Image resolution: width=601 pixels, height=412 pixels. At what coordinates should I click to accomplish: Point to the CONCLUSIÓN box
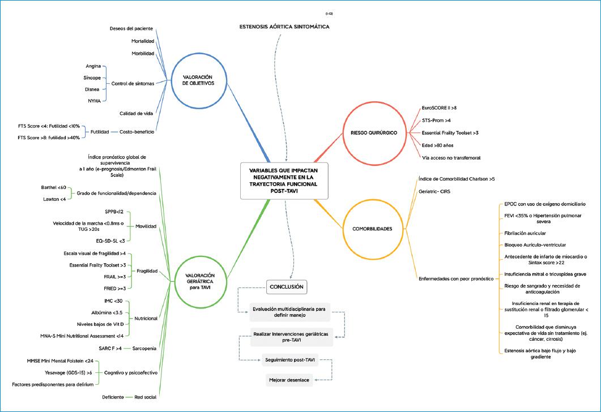click(x=287, y=287)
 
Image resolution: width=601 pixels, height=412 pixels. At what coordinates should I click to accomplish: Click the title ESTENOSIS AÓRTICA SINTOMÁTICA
click(x=284, y=27)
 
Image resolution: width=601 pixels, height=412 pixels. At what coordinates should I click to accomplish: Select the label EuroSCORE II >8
click(x=440, y=107)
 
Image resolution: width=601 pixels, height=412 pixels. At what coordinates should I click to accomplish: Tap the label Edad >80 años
click(x=437, y=144)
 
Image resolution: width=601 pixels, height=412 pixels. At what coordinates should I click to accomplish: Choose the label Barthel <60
click(x=54, y=187)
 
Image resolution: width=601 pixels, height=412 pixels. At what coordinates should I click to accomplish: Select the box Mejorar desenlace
click(x=288, y=380)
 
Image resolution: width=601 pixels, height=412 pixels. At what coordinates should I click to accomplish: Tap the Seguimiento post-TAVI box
click(x=289, y=359)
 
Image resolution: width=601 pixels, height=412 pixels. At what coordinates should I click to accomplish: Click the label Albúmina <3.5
click(x=107, y=312)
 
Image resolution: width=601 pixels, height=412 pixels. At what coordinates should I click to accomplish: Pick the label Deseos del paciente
click(x=131, y=28)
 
